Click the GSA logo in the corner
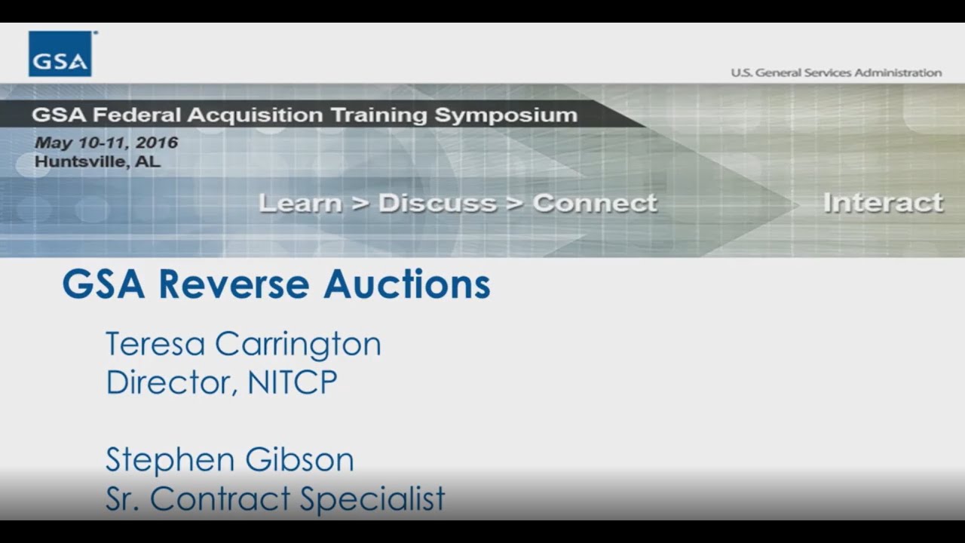[x=60, y=54]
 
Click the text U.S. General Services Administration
[x=835, y=72]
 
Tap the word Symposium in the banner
[x=505, y=115]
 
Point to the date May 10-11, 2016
[x=106, y=143]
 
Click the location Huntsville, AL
[x=97, y=161]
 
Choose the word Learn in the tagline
[x=299, y=203]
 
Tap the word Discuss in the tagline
[x=437, y=203]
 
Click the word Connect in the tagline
[x=595, y=203]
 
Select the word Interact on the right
[x=883, y=202]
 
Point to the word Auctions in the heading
[x=407, y=284]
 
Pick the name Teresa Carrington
[x=243, y=344]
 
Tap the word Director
[x=172, y=382]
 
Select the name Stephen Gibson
[x=229, y=459]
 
